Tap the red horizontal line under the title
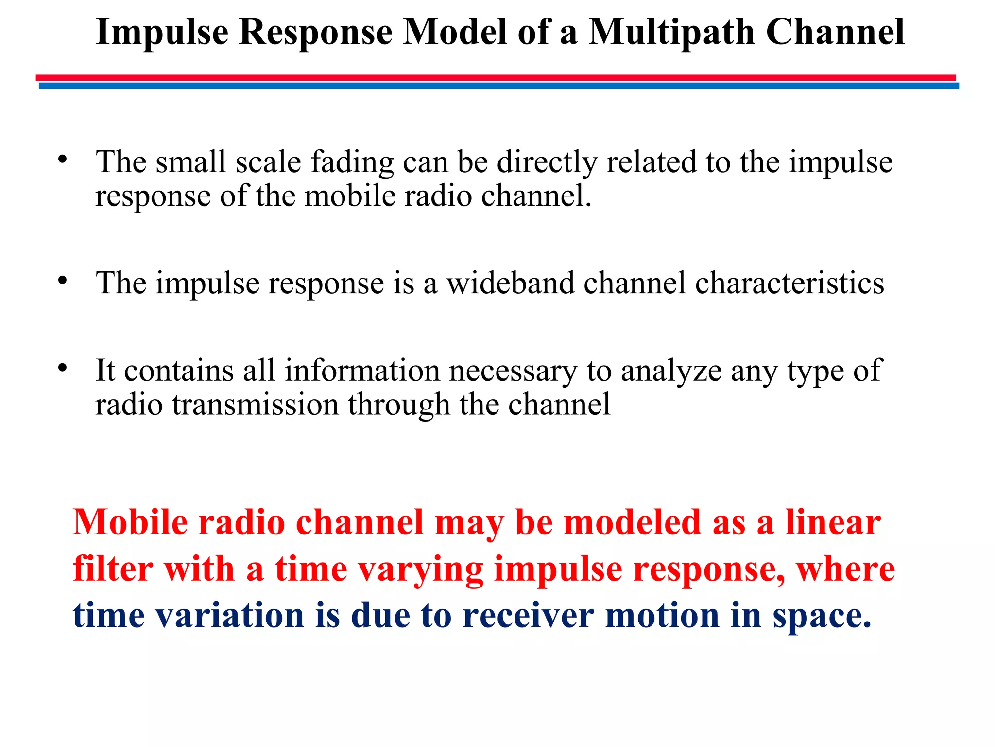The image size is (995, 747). click(x=496, y=77)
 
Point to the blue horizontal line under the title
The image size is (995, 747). click(x=498, y=86)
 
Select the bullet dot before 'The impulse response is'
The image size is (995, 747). click(x=62, y=281)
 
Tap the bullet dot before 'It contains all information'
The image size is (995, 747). click(x=62, y=368)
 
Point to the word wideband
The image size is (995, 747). click(x=510, y=283)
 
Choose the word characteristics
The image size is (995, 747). click(x=789, y=283)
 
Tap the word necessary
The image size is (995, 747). click(x=513, y=372)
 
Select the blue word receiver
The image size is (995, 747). click(x=529, y=615)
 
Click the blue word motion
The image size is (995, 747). click(x=662, y=615)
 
